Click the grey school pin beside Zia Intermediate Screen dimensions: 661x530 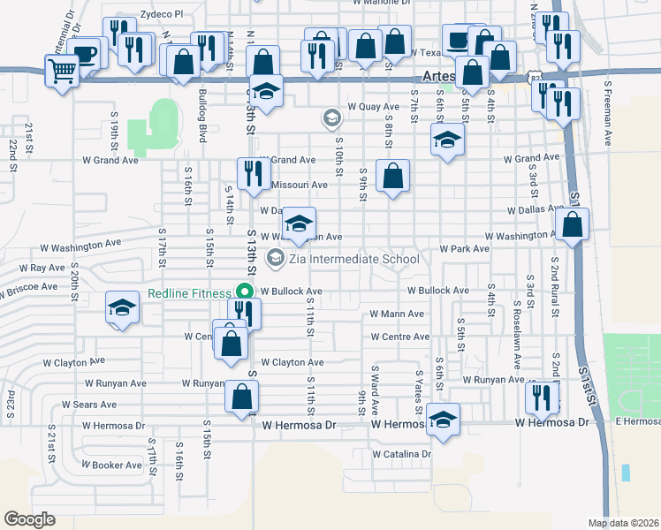click(x=276, y=259)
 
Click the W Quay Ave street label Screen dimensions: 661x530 click(x=373, y=107)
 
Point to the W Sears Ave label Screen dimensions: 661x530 click(x=88, y=405)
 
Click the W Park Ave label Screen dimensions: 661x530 click(x=464, y=249)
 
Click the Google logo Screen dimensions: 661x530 click(x=29, y=519)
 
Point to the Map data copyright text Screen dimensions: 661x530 click(x=623, y=523)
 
